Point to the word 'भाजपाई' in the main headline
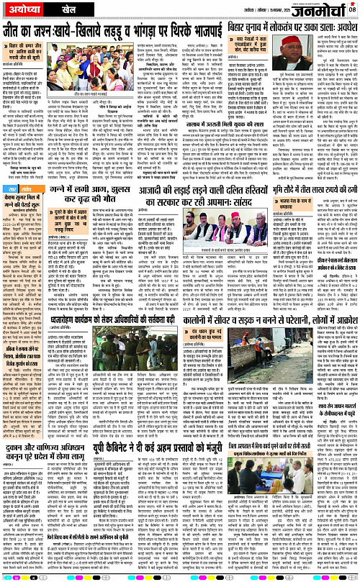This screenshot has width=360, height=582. [x=195, y=30]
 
